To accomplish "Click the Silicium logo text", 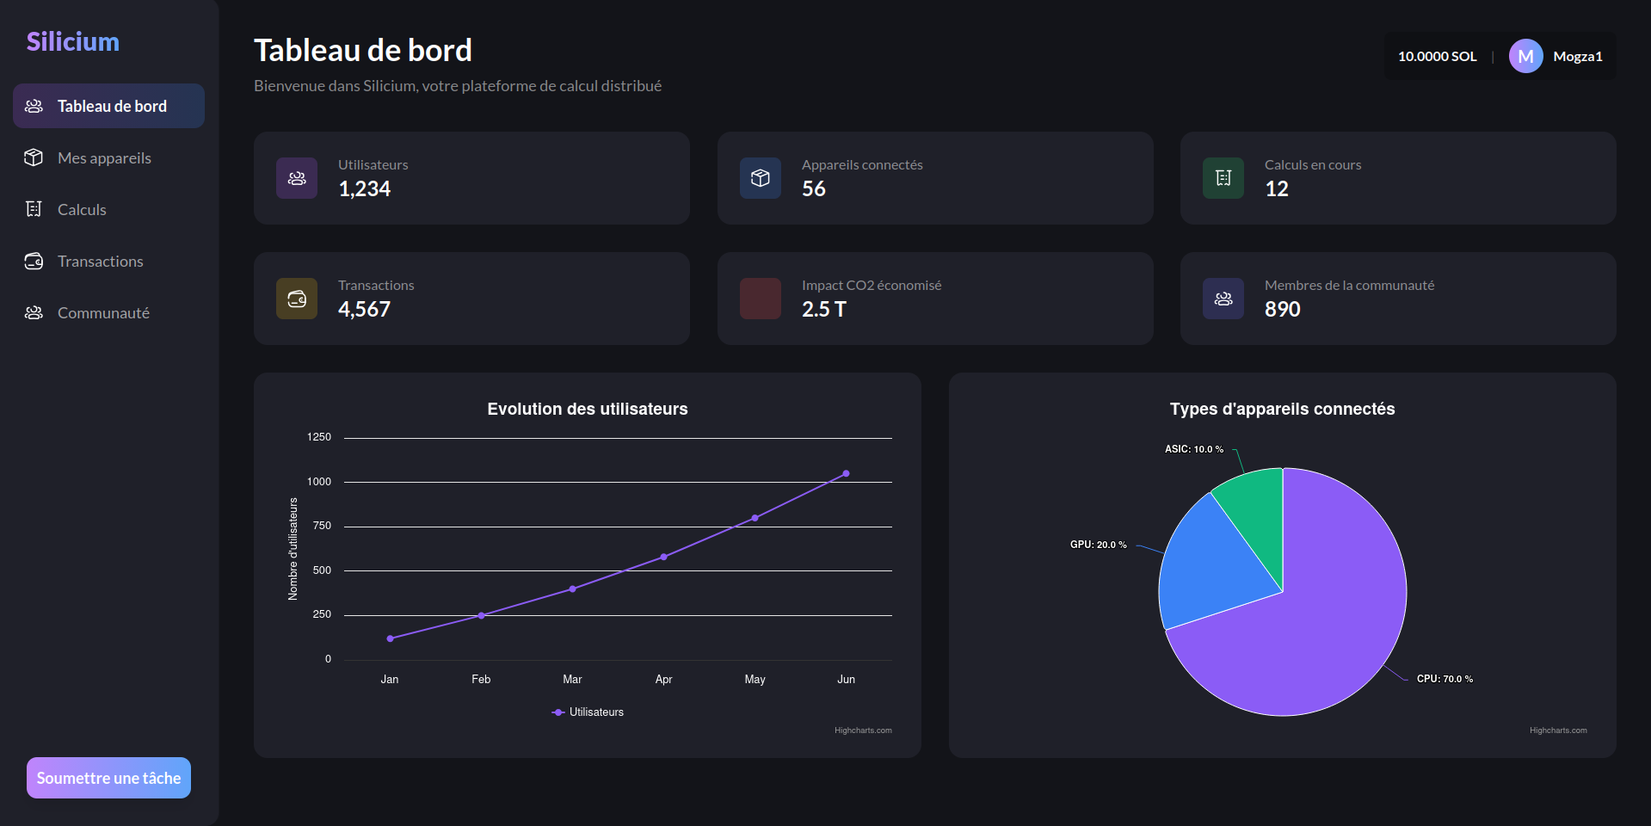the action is point(73,41).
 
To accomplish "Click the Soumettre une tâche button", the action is point(108,778).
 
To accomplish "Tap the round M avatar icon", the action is point(1525,56).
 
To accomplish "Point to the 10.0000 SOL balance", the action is point(1437,56).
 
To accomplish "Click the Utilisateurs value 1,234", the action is point(365,189).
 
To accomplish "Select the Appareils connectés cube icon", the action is point(761,178).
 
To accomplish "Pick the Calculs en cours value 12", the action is point(1277,189).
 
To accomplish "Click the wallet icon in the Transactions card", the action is point(297,299).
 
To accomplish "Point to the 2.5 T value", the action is point(824,310).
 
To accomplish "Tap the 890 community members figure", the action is point(1282,310).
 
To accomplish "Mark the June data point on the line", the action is point(846,473).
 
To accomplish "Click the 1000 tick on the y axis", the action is point(319,482).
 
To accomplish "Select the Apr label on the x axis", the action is point(663,680).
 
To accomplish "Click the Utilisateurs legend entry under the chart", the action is point(588,712).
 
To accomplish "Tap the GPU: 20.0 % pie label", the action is point(1098,545).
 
